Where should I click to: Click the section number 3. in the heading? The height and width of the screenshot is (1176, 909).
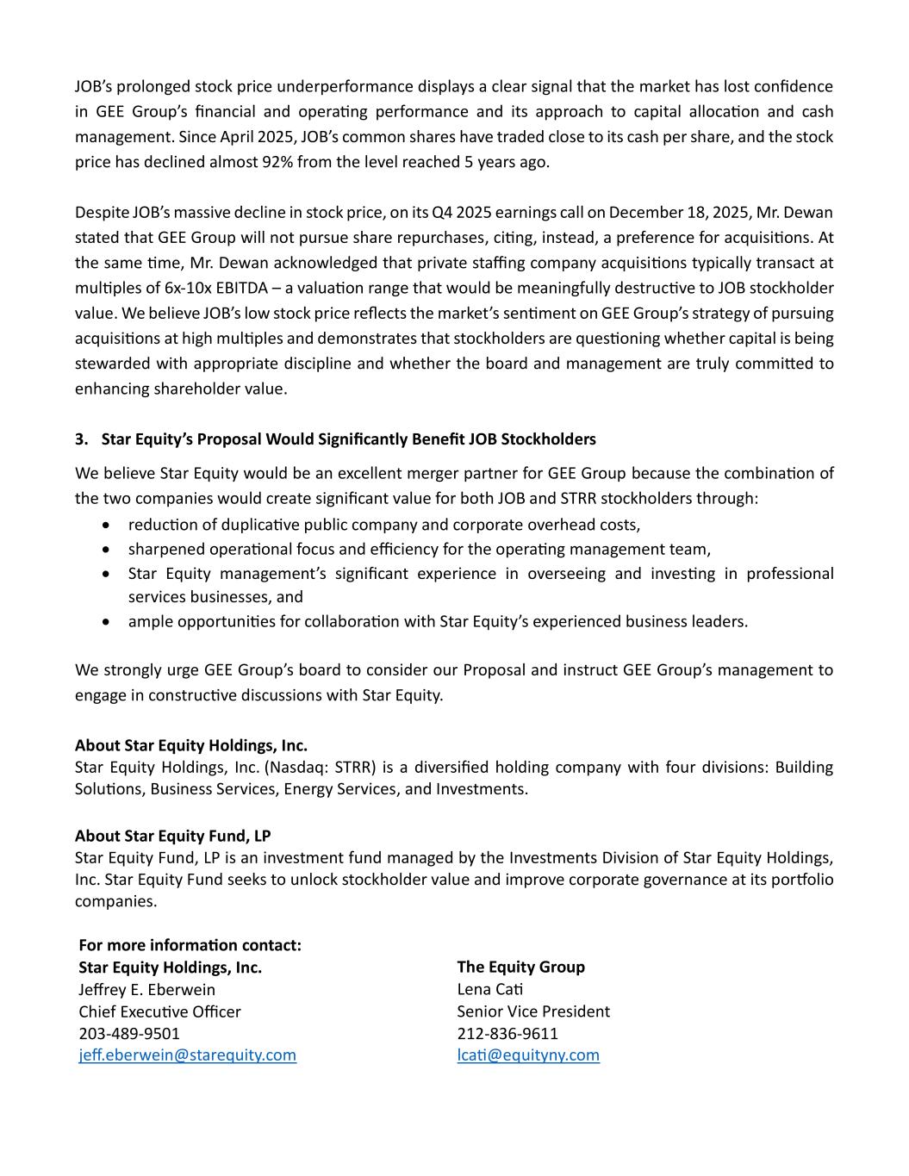coord(82,439)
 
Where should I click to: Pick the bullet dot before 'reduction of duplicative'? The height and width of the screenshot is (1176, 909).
coord(105,525)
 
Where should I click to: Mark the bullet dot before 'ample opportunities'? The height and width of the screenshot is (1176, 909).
coord(105,621)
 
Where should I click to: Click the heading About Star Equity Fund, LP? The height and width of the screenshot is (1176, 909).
coord(172,836)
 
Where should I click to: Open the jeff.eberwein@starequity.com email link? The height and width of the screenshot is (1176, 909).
coord(187,1055)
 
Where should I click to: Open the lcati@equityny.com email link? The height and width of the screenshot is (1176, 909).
coord(527,1055)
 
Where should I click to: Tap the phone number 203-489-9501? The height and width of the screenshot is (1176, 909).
coord(129,1033)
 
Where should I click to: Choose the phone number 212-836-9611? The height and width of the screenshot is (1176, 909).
coord(507,1033)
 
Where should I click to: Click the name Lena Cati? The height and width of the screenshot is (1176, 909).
coord(489,989)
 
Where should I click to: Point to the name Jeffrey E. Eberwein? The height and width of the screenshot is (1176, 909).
coord(146,989)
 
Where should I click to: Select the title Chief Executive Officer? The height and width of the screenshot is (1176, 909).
coord(159,1011)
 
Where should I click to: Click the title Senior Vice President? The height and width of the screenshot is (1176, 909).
coord(532,1011)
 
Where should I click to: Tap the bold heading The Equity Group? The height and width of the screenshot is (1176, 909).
coord(520,967)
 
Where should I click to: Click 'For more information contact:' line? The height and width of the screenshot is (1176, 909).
coord(190,945)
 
